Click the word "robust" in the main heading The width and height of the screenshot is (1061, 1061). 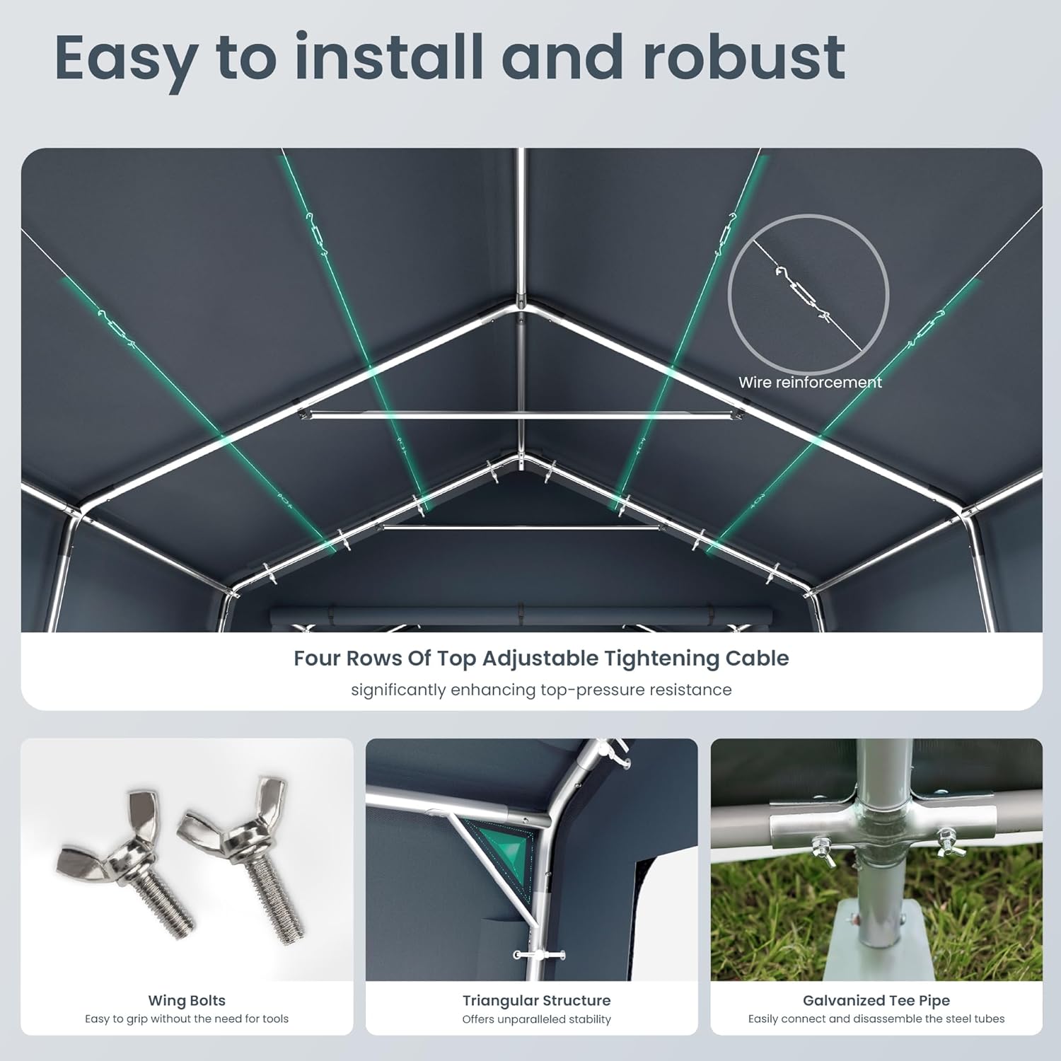[744, 57]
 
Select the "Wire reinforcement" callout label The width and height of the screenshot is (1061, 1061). [810, 383]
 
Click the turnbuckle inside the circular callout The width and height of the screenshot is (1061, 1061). [804, 293]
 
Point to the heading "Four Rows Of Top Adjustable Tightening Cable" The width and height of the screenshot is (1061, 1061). [541, 659]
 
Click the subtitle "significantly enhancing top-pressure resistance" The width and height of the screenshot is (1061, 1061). [541, 690]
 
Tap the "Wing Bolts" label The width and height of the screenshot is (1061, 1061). [187, 1001]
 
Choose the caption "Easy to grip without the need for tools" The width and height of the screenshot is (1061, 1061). [187, 1019]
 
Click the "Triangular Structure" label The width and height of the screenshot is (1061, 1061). [536, 1001]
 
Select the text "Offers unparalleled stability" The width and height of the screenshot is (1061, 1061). [536, 1019]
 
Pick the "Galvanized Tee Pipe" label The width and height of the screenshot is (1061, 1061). [876, 1001]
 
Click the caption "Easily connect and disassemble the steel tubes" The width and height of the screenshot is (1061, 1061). [876, 1019]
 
